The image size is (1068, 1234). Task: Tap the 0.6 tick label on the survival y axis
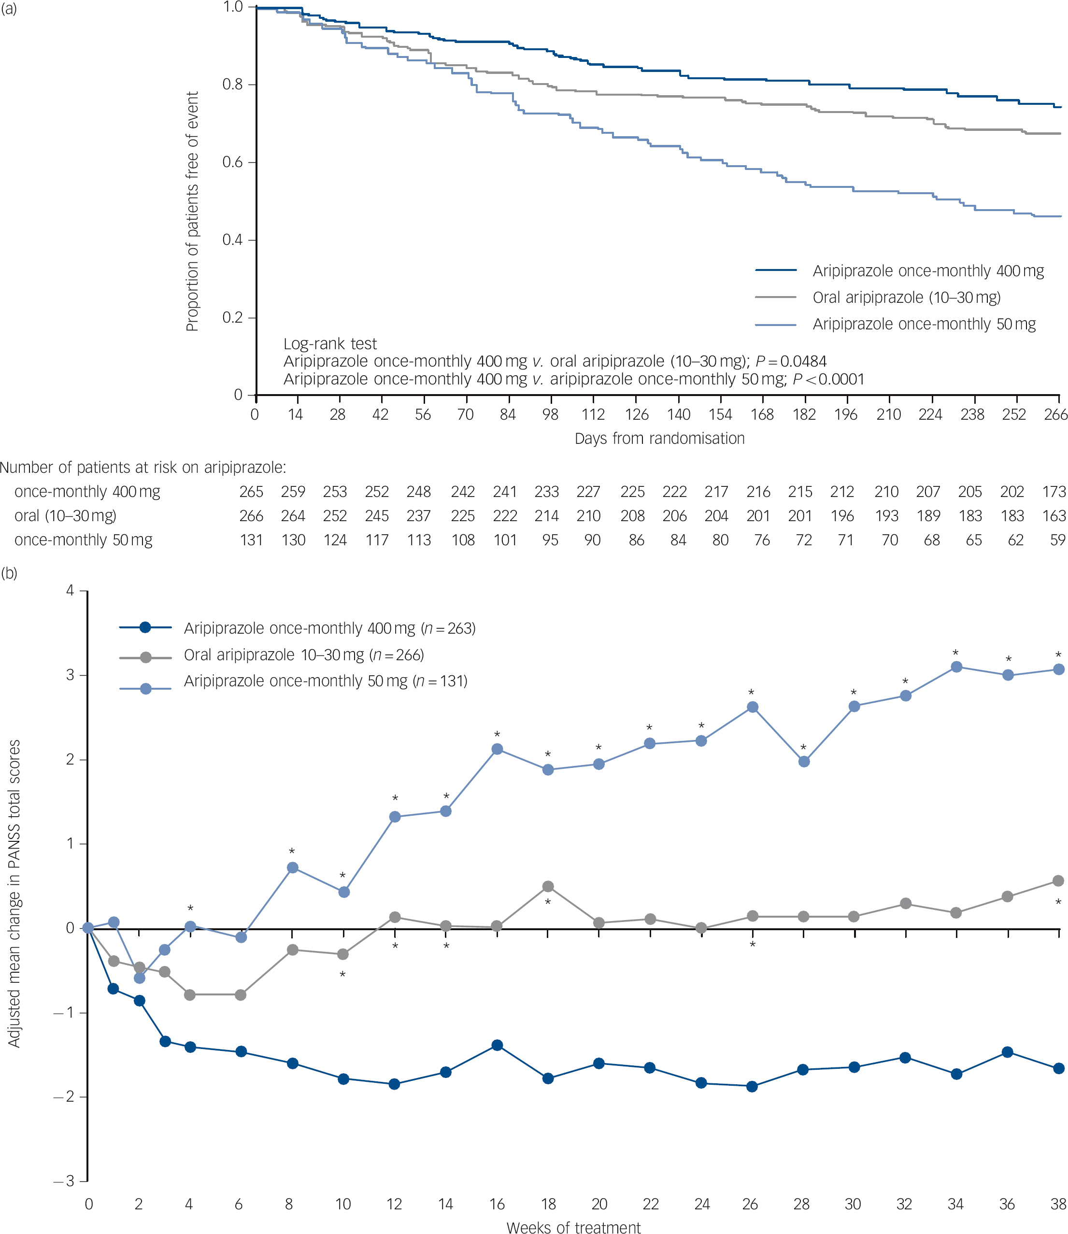click(x=232, y=163)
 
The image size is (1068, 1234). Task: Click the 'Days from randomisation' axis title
click(x=659, y=439)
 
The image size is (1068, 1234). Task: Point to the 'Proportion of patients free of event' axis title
click(x=192, y=212)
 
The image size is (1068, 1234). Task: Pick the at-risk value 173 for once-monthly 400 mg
click(x=1054, y=492)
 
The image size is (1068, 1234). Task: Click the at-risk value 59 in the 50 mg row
click(x=1057, y=540)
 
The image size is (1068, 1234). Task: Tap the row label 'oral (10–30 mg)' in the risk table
click(x=66, y=516)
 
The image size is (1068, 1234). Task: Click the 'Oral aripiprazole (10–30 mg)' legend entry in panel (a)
click(x=906, y=298)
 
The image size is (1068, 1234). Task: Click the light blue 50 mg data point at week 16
click(x=497, y=749)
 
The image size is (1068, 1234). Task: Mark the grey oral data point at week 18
click(x=548, y=887)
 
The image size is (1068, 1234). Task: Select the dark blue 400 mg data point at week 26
click(x=752, y=1087)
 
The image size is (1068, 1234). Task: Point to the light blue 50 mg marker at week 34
click(x=956, y=667)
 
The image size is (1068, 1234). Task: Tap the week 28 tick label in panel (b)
click(x=801, y=1204)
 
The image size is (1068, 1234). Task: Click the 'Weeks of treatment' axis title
click(x=573, y=1227)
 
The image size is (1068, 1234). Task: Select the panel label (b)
click(x=10, y=573)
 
